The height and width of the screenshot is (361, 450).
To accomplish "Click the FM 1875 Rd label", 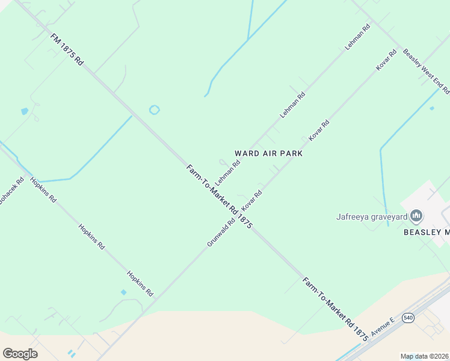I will point(67,49).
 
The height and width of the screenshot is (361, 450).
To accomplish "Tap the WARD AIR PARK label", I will point(268,153).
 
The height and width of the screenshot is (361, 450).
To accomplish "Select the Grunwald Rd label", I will point(221,232).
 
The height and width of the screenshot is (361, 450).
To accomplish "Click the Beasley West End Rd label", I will point(426,71).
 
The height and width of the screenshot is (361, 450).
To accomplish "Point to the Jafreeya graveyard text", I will point(372,216).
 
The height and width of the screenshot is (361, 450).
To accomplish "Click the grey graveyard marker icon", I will point(416,216).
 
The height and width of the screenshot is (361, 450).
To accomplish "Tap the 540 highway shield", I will point(408,317).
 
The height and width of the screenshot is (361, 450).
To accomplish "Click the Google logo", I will point(20,353).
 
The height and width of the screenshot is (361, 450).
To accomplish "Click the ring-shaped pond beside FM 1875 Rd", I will point(155,110).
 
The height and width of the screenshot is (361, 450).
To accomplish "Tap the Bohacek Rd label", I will point(11,190).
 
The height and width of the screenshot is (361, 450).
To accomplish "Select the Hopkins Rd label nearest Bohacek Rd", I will point(43,190).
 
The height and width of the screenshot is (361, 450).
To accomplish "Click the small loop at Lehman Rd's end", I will point(222,162).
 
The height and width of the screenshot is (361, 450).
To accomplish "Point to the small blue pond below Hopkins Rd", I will point(123,292).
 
